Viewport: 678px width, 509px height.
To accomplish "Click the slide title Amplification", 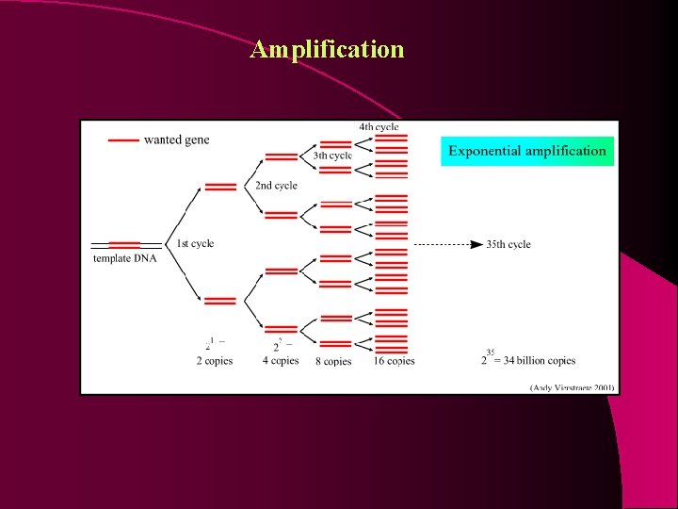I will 327,49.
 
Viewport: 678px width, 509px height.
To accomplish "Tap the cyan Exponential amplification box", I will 527,151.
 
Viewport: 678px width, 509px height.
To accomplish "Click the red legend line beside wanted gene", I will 123,140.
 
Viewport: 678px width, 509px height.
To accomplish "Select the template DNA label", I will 124,259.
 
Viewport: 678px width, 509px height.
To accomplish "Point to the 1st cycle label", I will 195,243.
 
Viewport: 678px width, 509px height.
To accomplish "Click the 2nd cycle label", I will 276,186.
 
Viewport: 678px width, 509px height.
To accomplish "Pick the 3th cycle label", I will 332,156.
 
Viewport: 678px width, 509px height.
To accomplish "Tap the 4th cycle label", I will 379,126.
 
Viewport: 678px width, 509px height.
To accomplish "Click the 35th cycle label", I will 508,244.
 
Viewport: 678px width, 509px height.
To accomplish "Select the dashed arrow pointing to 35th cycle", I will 448,244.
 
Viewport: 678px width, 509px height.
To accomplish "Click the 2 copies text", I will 214,361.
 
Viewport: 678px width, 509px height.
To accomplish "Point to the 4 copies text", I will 280,361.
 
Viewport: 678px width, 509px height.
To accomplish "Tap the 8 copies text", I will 333,361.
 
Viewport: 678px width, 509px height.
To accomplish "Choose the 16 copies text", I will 394,361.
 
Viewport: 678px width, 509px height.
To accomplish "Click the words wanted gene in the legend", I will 177,140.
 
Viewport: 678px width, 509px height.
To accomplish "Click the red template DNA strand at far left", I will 124,245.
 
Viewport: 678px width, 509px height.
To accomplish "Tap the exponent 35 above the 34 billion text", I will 490,352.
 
